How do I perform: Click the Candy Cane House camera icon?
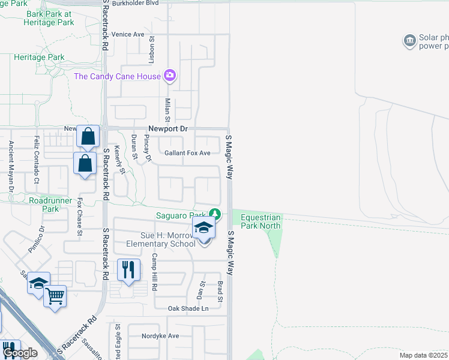[170, 76]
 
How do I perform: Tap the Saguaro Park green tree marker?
[214, 214]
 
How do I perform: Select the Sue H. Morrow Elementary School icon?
[203, 229]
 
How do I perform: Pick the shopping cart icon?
[55, 295]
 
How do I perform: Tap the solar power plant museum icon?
[409, 41]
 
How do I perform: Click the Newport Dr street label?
[168, 129]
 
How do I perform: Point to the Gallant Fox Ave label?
[184, 153]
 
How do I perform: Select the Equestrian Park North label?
[261, 221]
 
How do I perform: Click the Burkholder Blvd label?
[135, 3]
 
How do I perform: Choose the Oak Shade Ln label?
[188, 308]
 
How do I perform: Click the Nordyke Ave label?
[160, 336]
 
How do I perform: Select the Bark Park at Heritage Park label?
[49, 18]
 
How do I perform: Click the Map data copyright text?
[424, 355]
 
